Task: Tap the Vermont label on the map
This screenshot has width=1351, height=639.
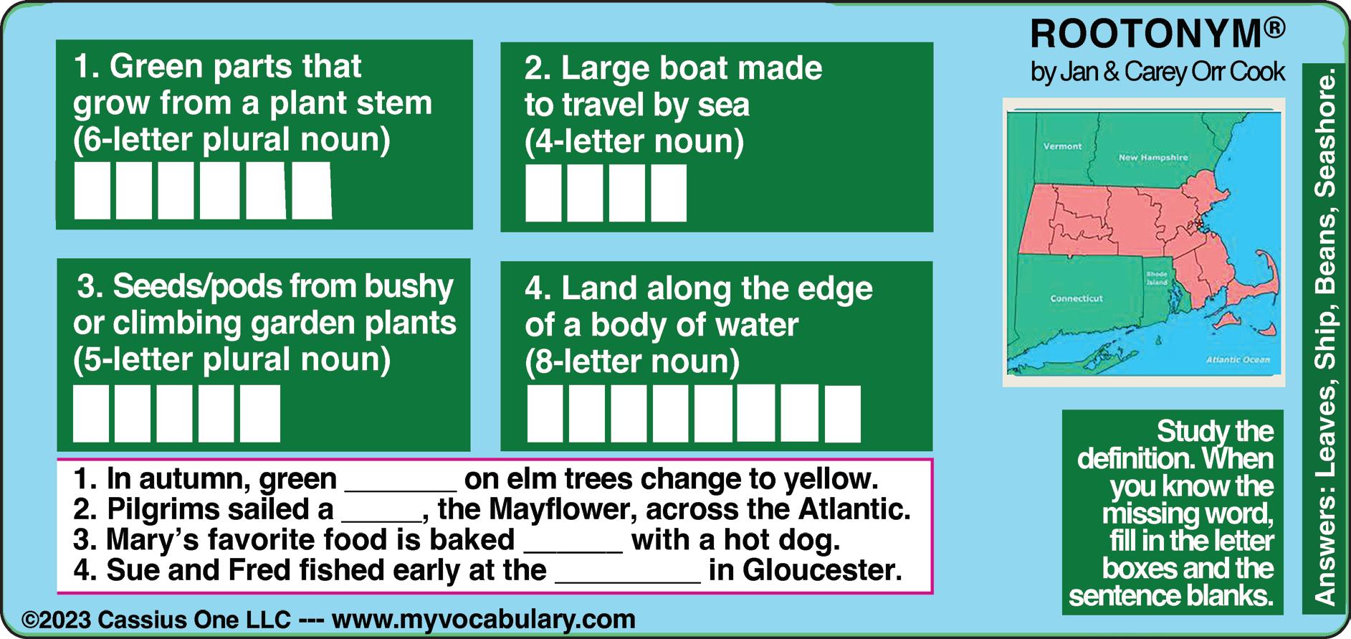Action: pyautogui.click(x=1062, y=146)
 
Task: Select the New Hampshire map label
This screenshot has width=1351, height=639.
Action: pyautogui.click(x=1153, y=157)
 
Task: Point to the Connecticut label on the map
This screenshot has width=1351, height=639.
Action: pyautogui.click(x=1076, y=298)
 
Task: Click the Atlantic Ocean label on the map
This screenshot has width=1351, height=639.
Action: pyautogui.click(x=1238, y=360)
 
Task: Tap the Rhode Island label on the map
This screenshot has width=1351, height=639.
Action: pyautogui.click(x=1156, y=278)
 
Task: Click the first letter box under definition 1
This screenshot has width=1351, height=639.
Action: pyautogui.click(x=92, y=191)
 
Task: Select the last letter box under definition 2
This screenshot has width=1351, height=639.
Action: pyautogui.click(x=669, y=193)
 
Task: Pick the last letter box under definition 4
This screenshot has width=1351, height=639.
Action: pyautogui.click(x=843, y=414)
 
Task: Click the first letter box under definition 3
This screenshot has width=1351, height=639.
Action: pyautogui.click(x=91, y=414)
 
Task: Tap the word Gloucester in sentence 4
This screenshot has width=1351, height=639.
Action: pyautogui.click(x=821, y=571)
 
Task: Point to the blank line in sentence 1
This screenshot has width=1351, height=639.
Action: pyautogui.click(x=401, y=488)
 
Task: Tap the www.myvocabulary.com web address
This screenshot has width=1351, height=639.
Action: pyautogui.click(x=484, y=619)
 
